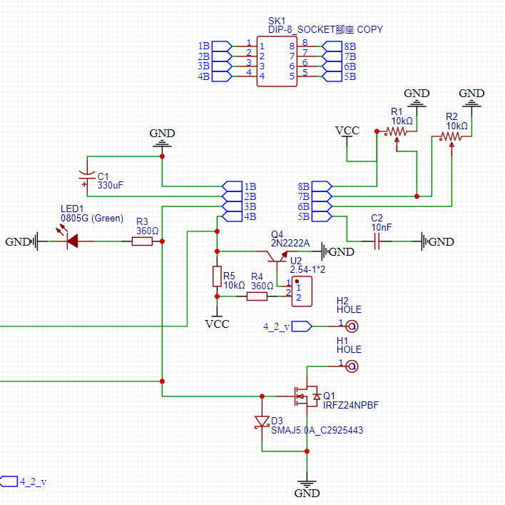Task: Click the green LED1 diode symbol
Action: [72, 241]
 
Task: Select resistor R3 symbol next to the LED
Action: [142, 241]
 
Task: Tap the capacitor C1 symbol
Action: [87, 176]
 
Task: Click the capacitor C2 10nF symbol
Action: [378, 241]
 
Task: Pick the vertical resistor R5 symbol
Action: [217, 276]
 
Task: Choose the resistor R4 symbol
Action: [257, 296]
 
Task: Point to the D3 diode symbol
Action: [262, 422]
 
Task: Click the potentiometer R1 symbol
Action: [397, 132]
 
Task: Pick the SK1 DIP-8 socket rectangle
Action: [277, 61]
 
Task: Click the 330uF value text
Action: [110, 185]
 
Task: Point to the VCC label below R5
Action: [217, 324]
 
